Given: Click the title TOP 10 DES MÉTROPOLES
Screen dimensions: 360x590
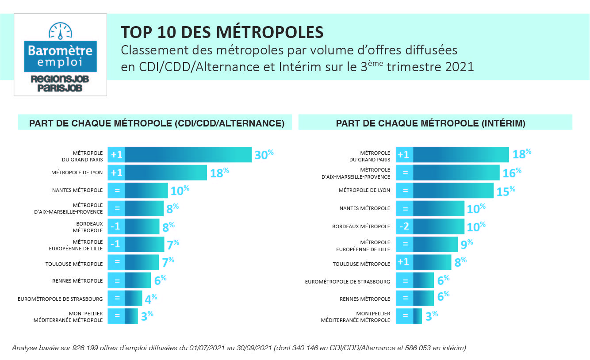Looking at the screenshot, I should [x=222, y=32].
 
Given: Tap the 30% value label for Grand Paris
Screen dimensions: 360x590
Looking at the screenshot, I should [x=264, y=154].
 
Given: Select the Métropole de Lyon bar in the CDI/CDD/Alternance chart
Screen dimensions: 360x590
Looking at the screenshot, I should [x=166, y=172].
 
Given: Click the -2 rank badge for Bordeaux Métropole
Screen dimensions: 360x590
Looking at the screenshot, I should [x=404, y=226].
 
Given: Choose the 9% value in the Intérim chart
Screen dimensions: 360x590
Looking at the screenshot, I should [x=467, y=244].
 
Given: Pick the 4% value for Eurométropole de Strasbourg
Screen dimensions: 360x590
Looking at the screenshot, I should [x=150, y=299].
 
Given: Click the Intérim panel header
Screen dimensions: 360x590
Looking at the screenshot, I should [x=430, y=123].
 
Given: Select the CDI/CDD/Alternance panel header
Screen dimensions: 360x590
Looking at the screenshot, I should [x=157, y=123].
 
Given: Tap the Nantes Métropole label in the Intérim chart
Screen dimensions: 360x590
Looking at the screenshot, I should [x=364, y=208].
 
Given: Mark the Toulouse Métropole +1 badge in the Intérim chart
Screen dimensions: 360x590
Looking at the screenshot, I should [x=404, y=262].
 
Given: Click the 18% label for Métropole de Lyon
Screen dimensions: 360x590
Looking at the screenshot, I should [x=219, y=172].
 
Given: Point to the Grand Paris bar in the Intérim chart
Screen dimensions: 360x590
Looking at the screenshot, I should [x=461, y=154].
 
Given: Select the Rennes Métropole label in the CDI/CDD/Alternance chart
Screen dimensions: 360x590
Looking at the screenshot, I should [x=77, y=281].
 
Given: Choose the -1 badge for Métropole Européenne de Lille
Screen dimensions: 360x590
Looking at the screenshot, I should [x=116, y=244].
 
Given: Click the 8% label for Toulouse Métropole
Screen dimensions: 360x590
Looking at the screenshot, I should [x=460, y=262].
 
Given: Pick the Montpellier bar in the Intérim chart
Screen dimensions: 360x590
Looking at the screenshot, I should [x=418, y=316].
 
